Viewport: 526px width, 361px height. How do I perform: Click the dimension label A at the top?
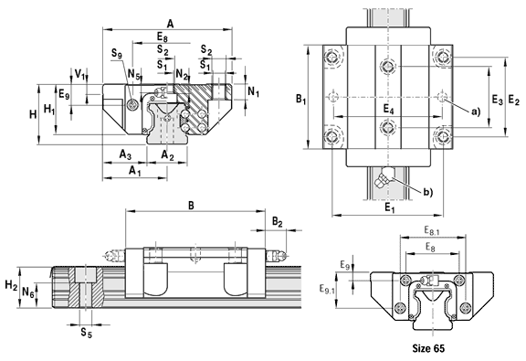(x=171, y=24)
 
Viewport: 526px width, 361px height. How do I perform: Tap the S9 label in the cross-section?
(x=117, y=54)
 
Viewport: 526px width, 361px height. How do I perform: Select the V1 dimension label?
(x=79, y=74)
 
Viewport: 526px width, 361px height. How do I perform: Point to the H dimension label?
(x=33, y=114)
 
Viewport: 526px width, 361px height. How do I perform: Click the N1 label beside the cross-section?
(x=253, y=91)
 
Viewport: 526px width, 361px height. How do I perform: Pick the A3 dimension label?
(x=125, y=154)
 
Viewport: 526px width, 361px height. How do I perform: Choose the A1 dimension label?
(x=135, y=170)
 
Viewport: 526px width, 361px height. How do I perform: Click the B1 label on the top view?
(x=301, y=99)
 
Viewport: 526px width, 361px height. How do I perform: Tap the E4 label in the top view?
(x=388, y=109)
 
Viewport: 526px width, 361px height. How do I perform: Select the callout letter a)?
(x=476, y=111)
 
